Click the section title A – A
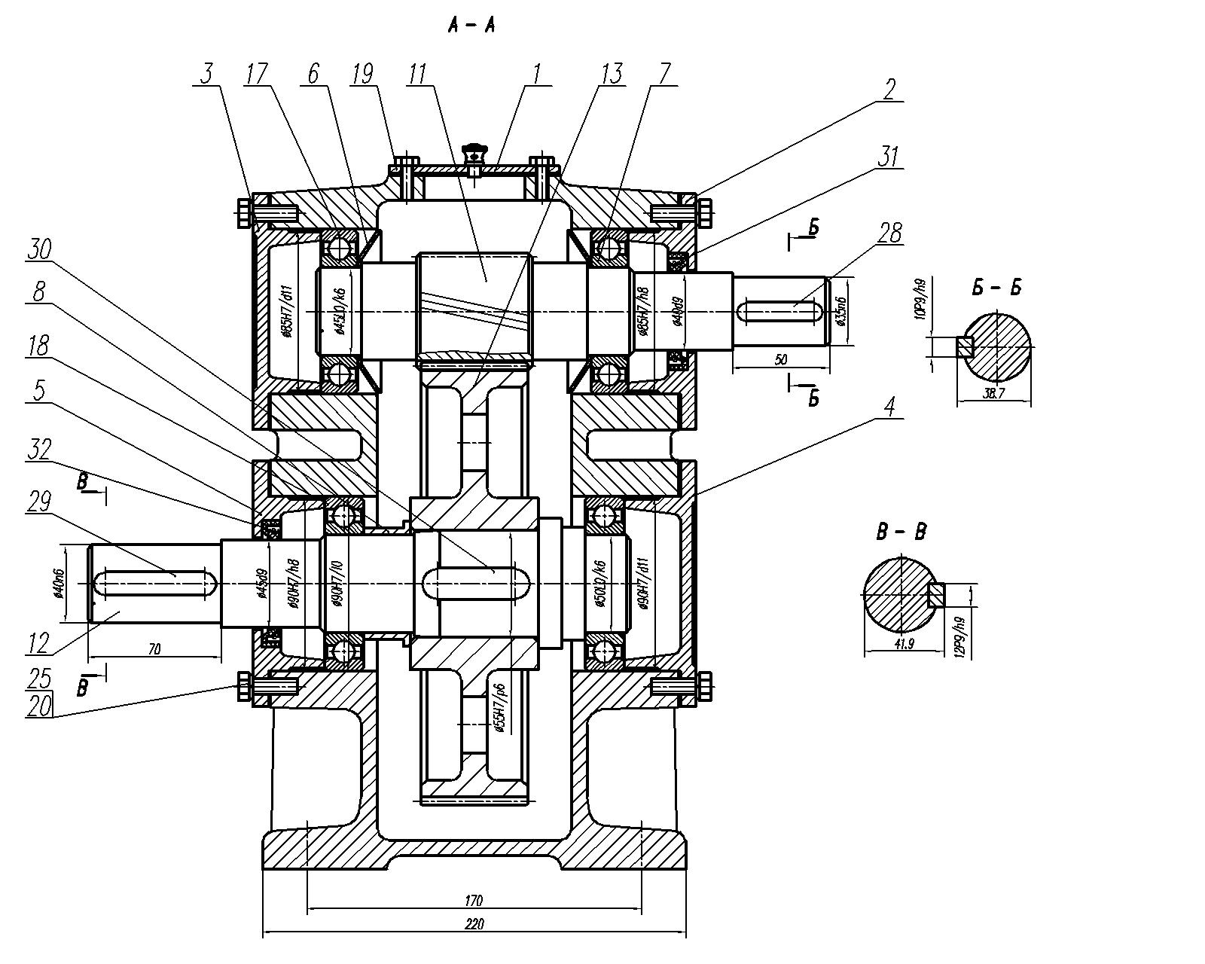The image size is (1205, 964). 471,26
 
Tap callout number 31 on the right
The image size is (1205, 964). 889,157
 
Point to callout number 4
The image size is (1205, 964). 889,407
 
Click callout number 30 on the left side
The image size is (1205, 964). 38,249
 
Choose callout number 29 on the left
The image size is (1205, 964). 38,502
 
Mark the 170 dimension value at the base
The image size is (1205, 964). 474,900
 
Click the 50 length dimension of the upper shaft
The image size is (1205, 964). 781,359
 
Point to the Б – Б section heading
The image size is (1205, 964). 996,288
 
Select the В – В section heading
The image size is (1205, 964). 901,532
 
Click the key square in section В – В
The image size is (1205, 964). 936,595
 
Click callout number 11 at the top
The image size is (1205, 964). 417,73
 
